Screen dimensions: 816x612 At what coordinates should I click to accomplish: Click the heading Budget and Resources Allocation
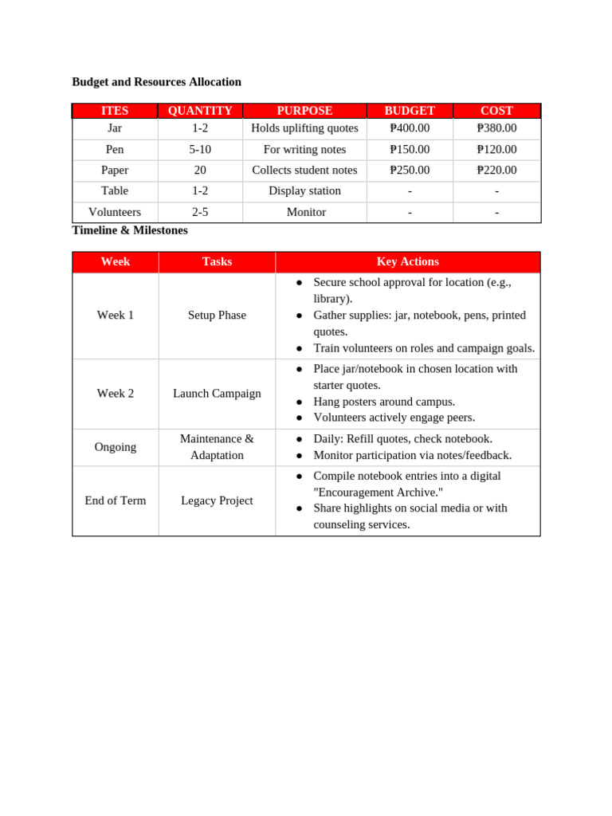pos(156,82)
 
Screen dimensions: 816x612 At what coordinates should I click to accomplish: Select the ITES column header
pos(115,111)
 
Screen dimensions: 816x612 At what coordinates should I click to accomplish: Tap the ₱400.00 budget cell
pos(410,128)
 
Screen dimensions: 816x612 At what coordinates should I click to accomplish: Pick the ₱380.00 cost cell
pos(496,128)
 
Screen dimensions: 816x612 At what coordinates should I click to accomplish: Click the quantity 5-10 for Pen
pos(200,149)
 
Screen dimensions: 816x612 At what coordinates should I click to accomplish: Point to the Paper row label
pos(115,170)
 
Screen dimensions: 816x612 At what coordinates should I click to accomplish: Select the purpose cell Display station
pos(304,190)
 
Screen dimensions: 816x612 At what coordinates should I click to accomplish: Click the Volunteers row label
pos(115,212)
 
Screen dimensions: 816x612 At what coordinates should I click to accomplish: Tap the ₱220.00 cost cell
pos(496,170)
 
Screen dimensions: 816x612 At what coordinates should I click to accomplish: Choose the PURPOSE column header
pos(304,111)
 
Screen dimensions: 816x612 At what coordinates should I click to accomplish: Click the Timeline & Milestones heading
pos(130,230)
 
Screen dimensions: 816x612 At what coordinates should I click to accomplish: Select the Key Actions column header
pos(407,261)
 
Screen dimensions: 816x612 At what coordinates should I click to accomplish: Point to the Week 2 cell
pos(116,394)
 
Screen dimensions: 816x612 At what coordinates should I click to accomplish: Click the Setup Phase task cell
pos(217,316)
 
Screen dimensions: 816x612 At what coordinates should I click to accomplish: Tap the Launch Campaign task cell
pos(217,394)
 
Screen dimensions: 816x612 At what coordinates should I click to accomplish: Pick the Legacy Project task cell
pos(217,500)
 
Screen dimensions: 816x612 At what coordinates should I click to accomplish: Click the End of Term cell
pos(116,500)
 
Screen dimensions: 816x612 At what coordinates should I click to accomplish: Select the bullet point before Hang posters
pos(300,402)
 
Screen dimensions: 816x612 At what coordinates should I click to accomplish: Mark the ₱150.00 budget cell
pos(410,149)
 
